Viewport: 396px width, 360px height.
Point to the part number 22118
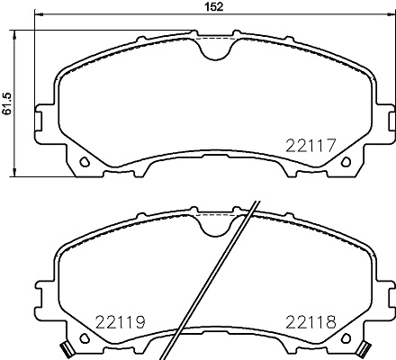[310, 320]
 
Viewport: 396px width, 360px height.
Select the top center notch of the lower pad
[216, 225]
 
